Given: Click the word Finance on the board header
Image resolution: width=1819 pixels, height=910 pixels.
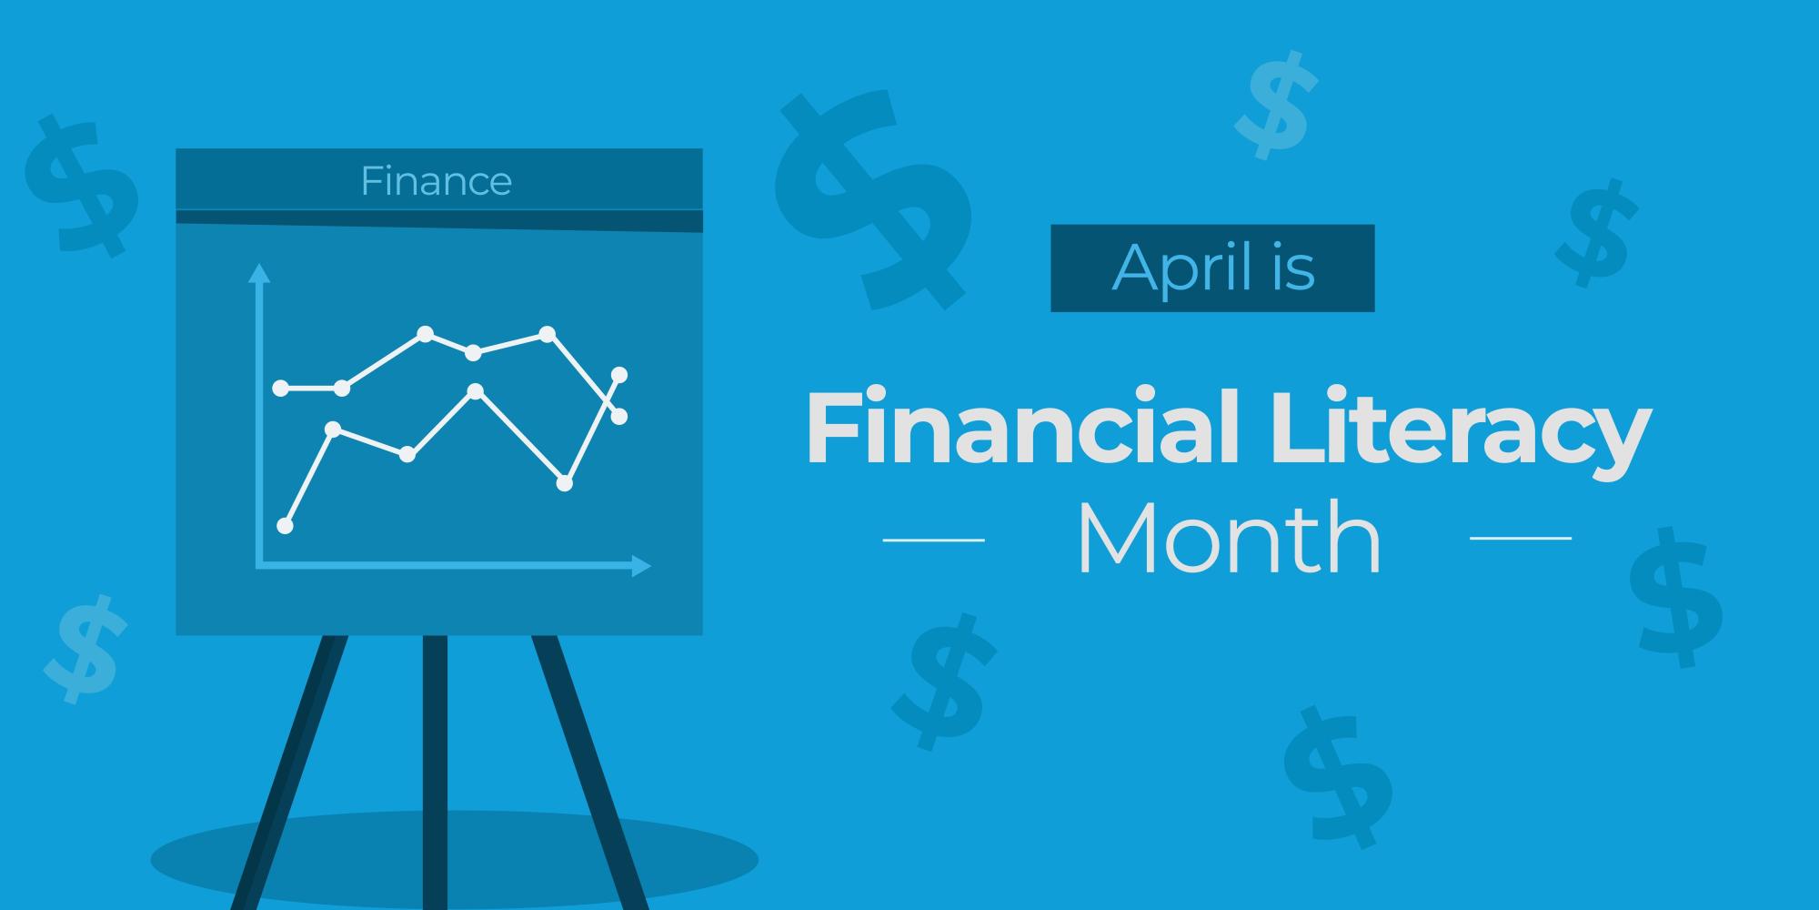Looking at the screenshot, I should pos(436,181).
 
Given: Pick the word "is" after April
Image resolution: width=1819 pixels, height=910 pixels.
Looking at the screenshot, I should pos(1294,268).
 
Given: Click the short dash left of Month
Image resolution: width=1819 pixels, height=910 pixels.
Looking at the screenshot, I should pos(933,540).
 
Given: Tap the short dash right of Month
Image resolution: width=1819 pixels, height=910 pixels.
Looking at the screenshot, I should pos(1521,538).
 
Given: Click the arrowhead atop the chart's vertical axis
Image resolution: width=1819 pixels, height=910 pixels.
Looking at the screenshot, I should pos(260,272).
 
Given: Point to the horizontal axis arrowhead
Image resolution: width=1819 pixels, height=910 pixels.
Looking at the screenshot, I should pos(642,566).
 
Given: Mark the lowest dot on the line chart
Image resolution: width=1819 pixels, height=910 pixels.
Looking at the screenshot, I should pos(285,525).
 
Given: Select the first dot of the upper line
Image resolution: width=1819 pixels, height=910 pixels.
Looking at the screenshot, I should pos(281,389).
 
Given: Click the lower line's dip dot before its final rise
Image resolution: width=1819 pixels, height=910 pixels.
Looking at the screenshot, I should pos(564,483).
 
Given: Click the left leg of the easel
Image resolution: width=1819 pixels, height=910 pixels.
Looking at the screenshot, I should pos(291,773).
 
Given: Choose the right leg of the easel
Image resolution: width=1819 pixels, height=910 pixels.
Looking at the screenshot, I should pos(587,773).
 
